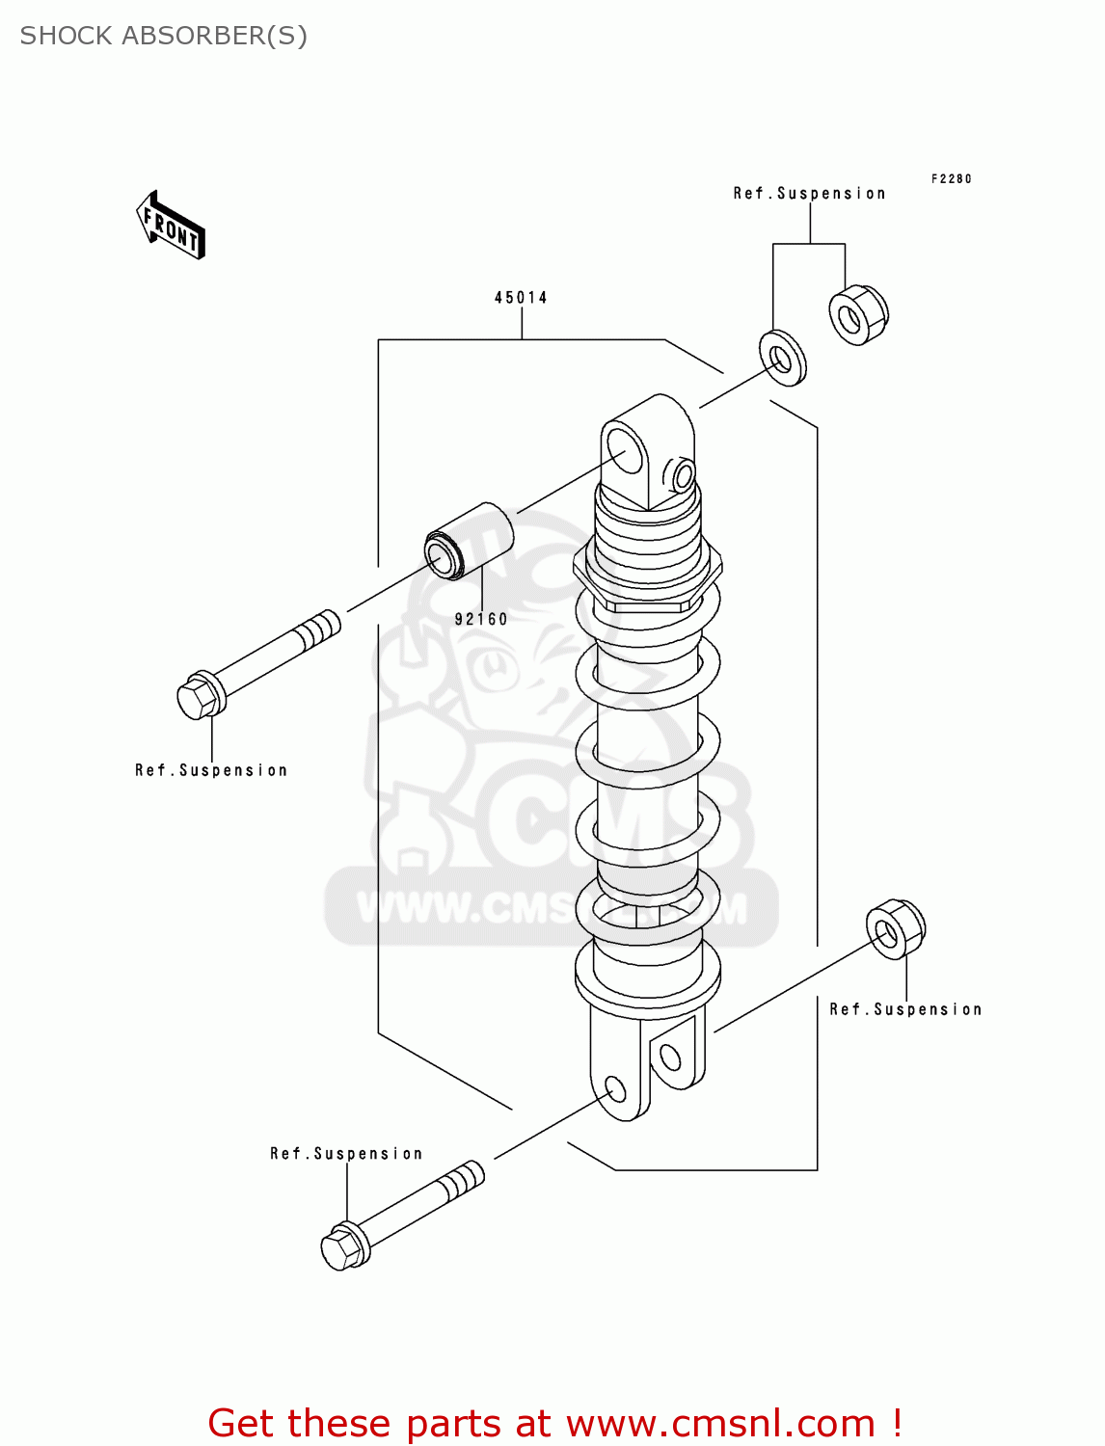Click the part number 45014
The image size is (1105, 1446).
(x=521, y=298)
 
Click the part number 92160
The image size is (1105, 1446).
(x=481, y=619)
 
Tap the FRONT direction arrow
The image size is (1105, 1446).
(x=172, y=227)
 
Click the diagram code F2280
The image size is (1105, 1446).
(x=951, y=179)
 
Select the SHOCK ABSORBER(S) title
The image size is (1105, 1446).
(x=164, y=36)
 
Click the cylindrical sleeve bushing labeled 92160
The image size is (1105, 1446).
(x=470, y=542)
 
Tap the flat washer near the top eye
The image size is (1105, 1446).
(x=782, y=358)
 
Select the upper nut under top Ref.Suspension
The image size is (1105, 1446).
(x=858, y=315)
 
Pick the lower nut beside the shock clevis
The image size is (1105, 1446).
(x=895, y=929)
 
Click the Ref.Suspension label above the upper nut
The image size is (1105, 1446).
(x=809, y=194)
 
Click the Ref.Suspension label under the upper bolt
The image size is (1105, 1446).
(x=211, y=770)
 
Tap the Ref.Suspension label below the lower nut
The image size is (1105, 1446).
(x=905, y=1009)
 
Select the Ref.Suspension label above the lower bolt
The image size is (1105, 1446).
(x=346, y=1154)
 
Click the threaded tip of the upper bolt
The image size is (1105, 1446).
(x=319, y=630)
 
